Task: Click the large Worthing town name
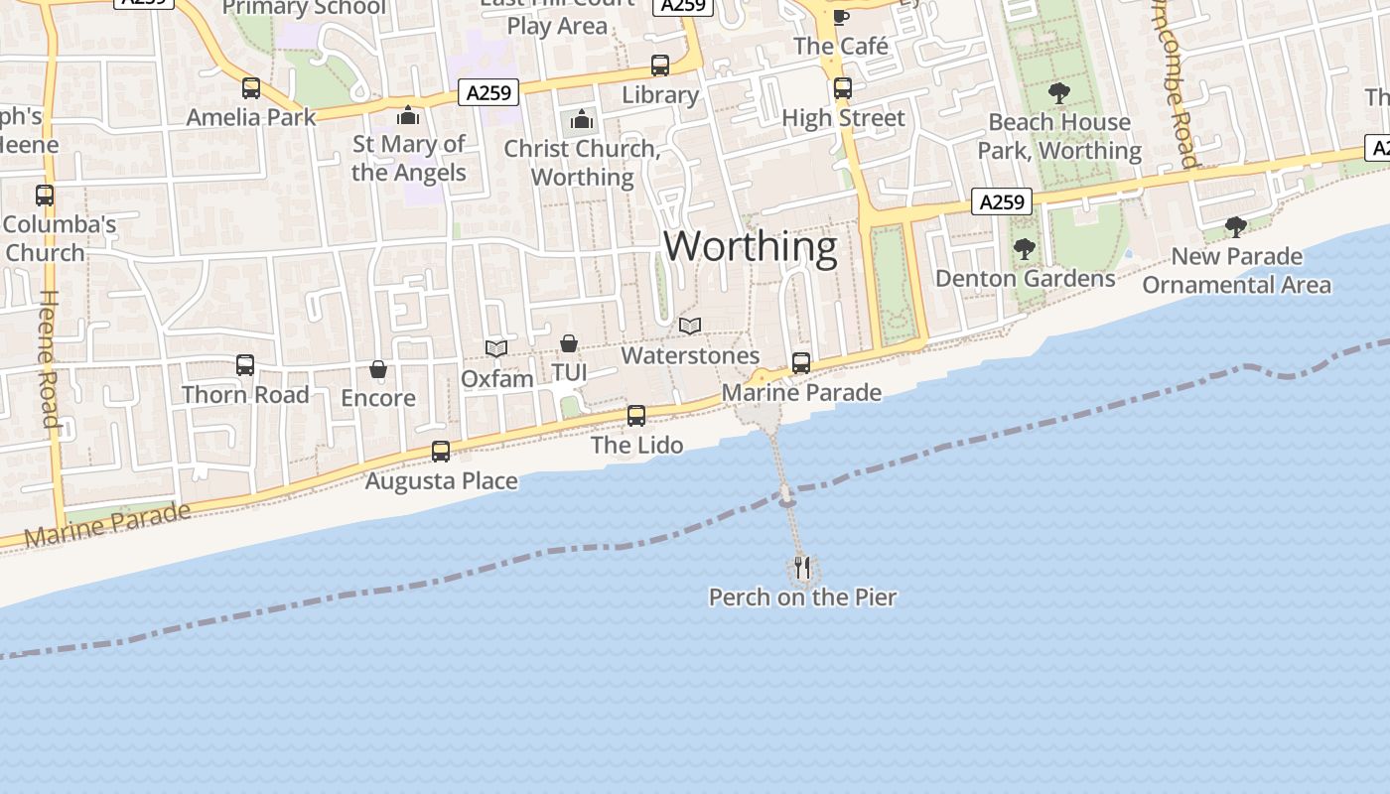click(750, 246)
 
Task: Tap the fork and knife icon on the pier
click(802, 568)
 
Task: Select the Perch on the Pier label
click(802, 597)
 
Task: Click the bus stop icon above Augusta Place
click(441, 452)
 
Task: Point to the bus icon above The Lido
click(636, 416)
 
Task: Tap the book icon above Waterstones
click(690, 326)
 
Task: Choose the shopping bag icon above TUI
click(569, 343)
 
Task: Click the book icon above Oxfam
click(496, 348)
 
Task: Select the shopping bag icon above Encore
click(378, 369)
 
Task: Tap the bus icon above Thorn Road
click(245, 365)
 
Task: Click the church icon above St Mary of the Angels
click(408, 116)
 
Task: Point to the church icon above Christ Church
click(582, 121)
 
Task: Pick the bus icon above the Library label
click(660, 66)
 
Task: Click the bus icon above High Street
click(843, 88)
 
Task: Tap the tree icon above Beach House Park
click(1059, 93)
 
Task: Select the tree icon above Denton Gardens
click(1025, 249)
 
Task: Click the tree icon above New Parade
click(1236, 227)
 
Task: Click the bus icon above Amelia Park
click(251, 88)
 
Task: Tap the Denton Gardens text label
click(1026, 279)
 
